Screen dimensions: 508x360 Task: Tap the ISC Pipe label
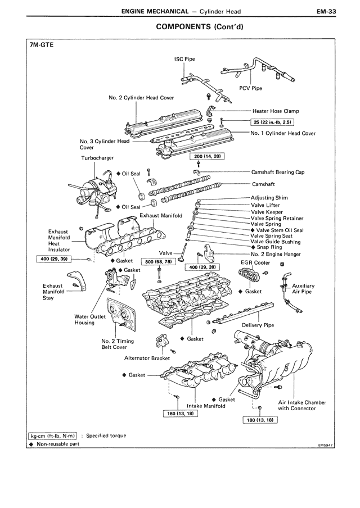pos(184,59)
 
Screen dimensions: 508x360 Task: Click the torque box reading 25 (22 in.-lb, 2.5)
pos(272,121)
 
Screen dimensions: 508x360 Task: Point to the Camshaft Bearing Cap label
pos(278,173)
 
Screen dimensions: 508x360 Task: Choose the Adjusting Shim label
pos(269,198)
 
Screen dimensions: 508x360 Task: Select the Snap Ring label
pos(269,247)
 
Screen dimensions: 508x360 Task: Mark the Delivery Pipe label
pos(258,325)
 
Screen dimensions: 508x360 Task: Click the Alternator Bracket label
pos(147,358)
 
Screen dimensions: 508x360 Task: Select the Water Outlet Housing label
pos(84,320)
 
